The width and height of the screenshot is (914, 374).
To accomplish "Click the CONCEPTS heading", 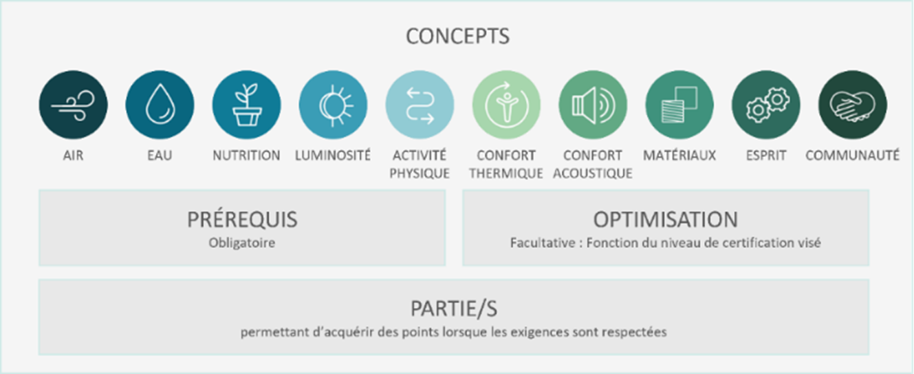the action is tap(457, 36).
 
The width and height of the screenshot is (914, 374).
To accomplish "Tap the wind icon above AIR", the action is tap(74, 105).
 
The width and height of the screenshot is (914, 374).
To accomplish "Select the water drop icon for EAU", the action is tap(160, 105).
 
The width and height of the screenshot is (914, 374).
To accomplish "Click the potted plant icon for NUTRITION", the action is tap(246, 105).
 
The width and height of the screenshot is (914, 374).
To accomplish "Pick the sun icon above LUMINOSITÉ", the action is tap(333, 105).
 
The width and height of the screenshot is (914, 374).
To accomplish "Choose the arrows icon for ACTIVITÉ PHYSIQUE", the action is tap(420, 105).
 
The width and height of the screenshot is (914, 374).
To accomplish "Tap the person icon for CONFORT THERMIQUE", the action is tap(506, 105).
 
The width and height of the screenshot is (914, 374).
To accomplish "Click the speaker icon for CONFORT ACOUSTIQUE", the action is tap(593, 105).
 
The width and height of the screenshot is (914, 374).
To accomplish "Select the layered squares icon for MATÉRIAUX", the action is tap(679, 105).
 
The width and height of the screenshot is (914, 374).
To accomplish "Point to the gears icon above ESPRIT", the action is tap(766, 105).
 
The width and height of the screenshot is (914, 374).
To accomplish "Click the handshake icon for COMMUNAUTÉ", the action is tap(852, 105).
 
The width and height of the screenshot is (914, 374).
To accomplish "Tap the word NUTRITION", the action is tap(246, 156).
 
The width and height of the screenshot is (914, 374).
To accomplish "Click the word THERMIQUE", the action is tap(506, 174).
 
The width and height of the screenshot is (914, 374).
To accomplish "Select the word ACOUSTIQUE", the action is tap(592, 174).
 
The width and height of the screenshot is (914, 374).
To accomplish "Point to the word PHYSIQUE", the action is tap(420, 174).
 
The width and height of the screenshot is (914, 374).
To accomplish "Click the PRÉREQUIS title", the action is tap(242, 220).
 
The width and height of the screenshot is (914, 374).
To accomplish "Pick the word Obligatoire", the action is tap(242, 243).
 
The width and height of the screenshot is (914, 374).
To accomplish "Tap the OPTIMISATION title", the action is tap(666, 220).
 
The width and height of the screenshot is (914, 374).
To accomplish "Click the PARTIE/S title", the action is tap(454, 309).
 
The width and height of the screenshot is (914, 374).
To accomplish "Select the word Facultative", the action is tap(543, 243).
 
